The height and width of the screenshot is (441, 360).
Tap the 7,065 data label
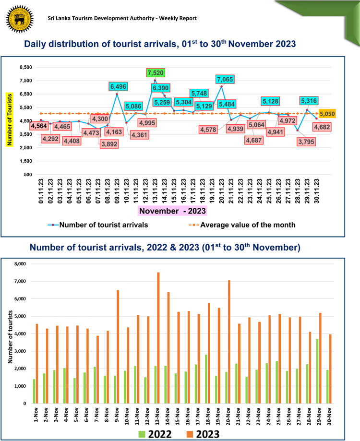(226, 79)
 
